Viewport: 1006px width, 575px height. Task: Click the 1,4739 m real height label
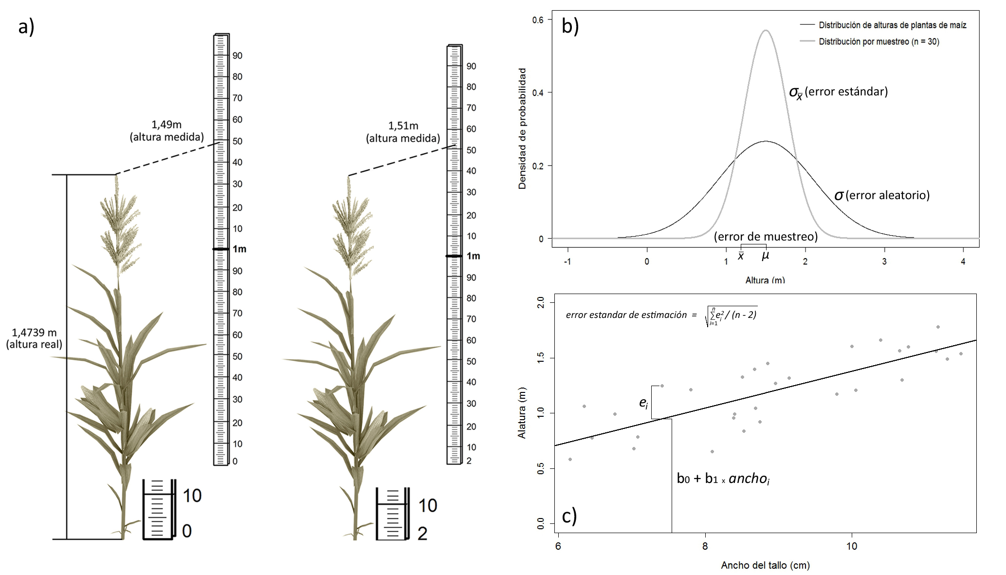34,338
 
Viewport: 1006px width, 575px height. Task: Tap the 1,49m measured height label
166,130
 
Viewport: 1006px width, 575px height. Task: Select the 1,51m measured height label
403,132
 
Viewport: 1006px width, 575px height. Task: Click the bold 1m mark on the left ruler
239,249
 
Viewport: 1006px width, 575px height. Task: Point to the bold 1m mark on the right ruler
473,256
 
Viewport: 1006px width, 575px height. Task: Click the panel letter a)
26,27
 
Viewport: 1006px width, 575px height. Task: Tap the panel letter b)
570,26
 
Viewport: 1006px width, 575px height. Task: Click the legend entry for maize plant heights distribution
883,25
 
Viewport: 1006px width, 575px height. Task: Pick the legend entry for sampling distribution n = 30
870,41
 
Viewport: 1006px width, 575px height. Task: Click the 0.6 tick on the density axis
538,20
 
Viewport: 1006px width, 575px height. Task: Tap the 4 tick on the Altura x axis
963,261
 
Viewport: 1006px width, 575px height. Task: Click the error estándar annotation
838,92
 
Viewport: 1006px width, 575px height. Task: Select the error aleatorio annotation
882,195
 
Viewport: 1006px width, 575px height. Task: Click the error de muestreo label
766,237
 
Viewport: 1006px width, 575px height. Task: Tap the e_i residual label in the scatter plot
643,403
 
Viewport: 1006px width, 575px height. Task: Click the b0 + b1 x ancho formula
723,479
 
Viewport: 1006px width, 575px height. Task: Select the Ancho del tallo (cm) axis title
765,565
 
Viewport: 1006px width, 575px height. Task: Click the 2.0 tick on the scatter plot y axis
540,303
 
